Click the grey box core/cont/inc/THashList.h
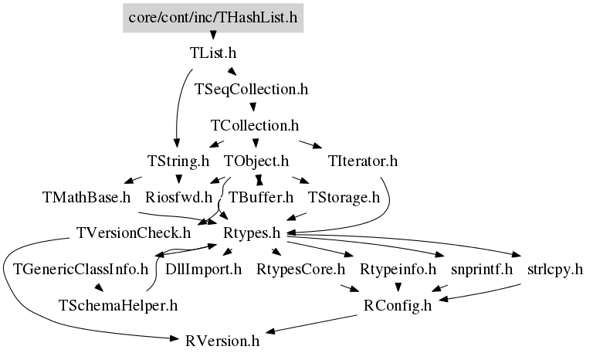(213, 18)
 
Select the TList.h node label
(213, 53)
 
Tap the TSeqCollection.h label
(252, 90)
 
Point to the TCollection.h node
(255, 125)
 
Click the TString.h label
(178, 161)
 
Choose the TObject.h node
(256, 161)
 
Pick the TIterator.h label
(363, 161)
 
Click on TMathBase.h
(86, 197)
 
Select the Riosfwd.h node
(179, 197)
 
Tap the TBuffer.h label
(261, 197)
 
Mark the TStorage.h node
(344, 197)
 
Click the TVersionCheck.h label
(134, 233)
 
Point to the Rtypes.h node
(252, 233)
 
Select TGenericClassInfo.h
(80, 270)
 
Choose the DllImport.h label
(204, 270)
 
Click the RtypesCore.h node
(300, 270)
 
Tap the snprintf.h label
(482, 270)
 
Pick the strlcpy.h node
(555, 270)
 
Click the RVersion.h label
(222, 341)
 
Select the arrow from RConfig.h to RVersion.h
(311, 324)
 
